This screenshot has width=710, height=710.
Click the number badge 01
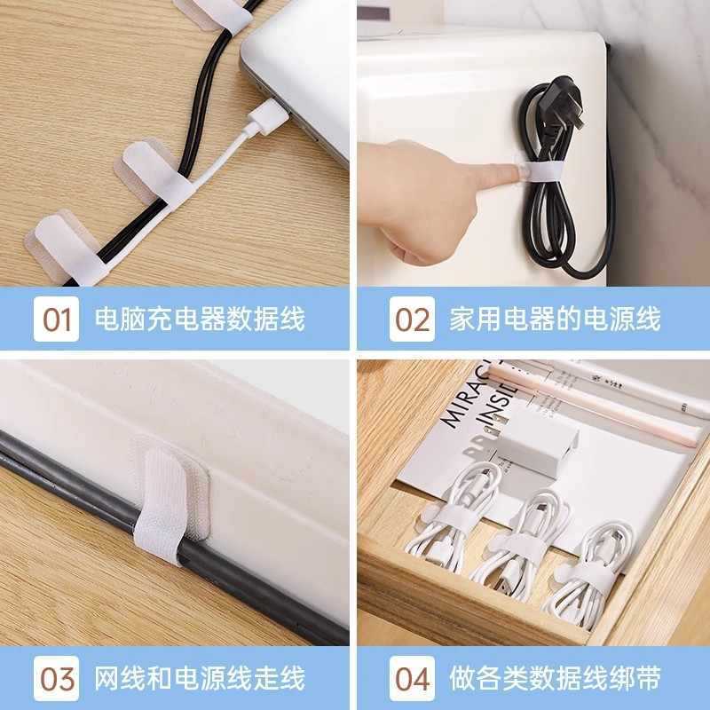click(56, 319)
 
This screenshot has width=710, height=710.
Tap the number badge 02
click(412, 319)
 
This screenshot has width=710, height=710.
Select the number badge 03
click(56, 679)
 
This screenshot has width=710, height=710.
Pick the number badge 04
click(412, 679)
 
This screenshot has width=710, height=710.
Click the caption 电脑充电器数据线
click(200, 319)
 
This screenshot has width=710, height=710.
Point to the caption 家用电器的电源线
click(556, 319)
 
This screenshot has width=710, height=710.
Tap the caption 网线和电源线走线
click(200, 679)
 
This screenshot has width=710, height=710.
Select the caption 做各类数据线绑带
click(556, 679)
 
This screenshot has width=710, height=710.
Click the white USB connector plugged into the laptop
click(264, 118)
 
